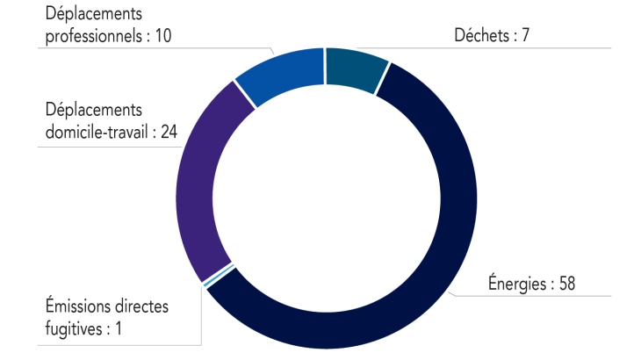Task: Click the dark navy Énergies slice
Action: pos(439,263)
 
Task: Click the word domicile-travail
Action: pos(97,132)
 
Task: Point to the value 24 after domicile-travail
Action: pos(170,132)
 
